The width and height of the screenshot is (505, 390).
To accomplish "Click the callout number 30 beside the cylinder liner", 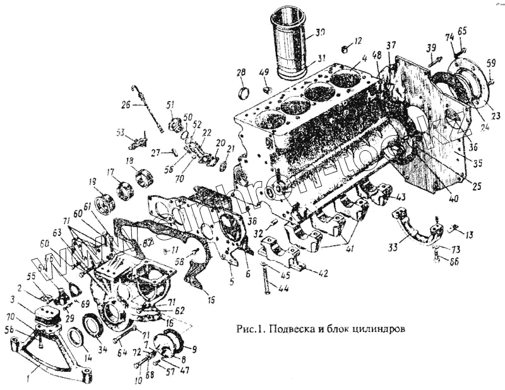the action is (320, 32).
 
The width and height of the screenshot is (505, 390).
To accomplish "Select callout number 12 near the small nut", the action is (358, 41).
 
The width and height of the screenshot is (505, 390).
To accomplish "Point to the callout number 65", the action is (462, 30).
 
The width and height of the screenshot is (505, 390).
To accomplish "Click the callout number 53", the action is (119, 133).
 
